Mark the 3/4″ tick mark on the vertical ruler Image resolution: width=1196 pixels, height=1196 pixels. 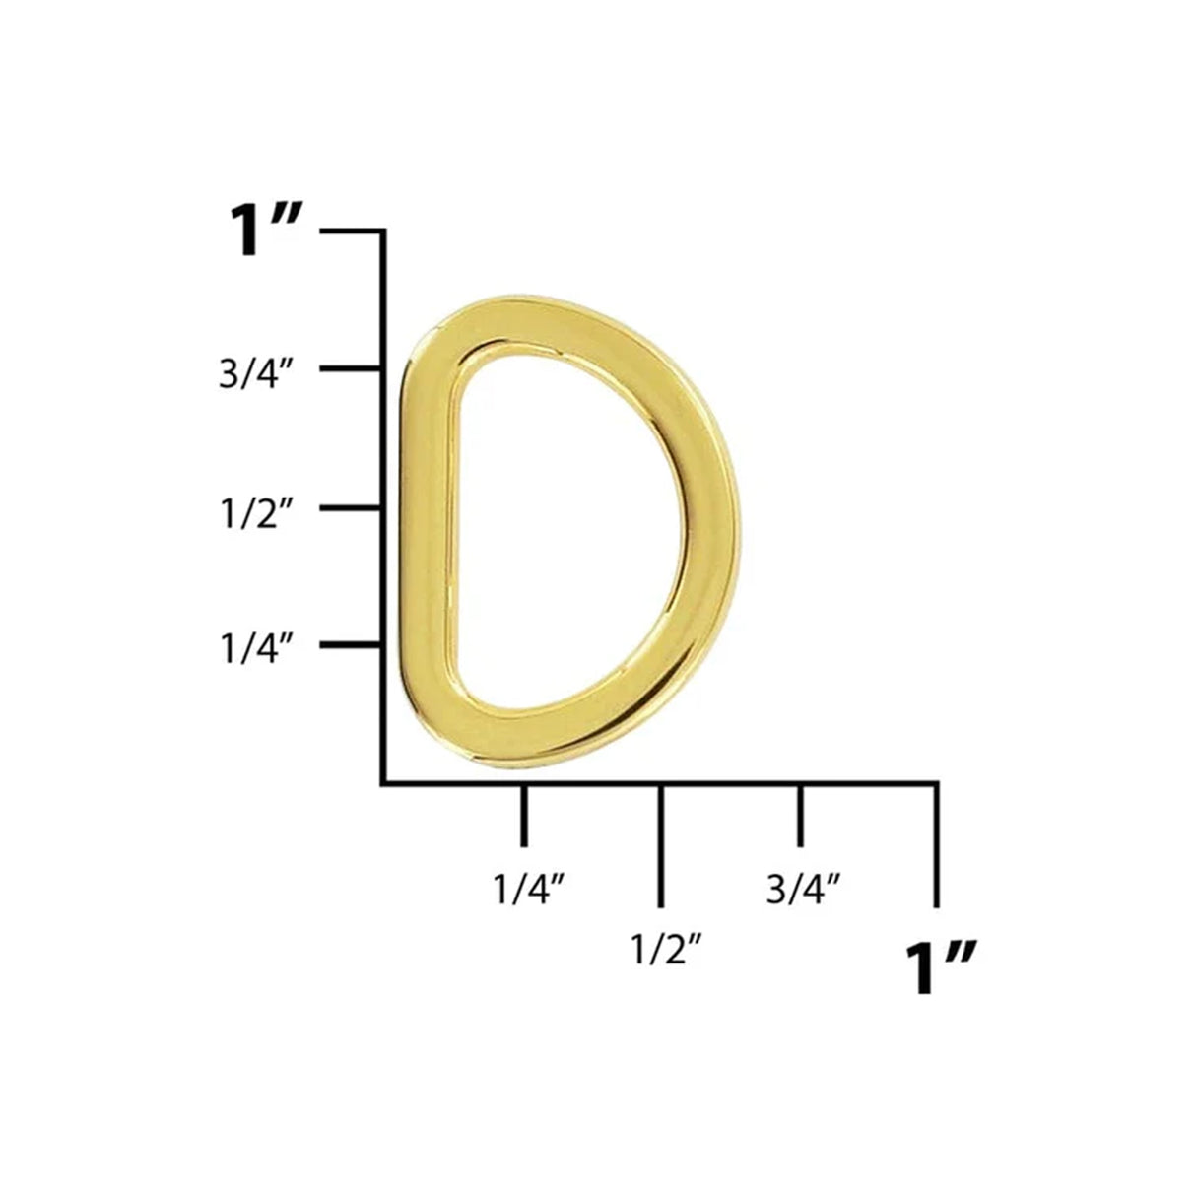tap(352, 369)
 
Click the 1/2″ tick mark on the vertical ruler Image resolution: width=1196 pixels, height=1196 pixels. tap(352, 508)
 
